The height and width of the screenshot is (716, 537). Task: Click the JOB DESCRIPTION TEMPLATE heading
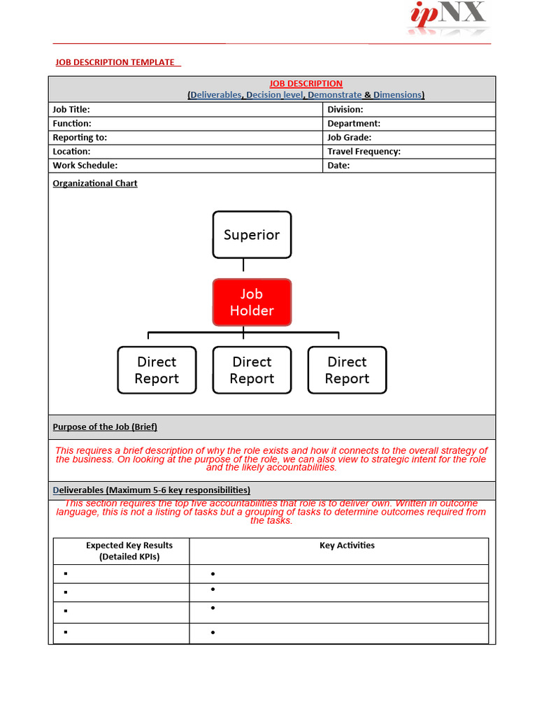click(x=115, y=62)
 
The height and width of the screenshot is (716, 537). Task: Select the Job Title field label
click(x=71, y=109)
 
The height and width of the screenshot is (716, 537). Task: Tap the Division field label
click(x=345, y=109)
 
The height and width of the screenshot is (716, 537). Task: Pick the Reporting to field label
click(x=80, y=138)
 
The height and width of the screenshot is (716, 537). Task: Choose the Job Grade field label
click(x=349, y=138)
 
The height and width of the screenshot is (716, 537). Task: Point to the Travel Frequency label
click(x=364, y=152)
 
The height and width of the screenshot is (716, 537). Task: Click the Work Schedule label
click(x=85, y=166)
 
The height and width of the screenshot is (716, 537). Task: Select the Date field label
click(x=338, y=166)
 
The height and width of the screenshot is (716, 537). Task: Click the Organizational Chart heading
click(x=95, y=183)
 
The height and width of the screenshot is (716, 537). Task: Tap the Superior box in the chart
click(x=252, y=235)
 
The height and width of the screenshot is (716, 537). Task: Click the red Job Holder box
click(x=252, y=302)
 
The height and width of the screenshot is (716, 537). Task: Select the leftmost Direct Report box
click(x=157, y=370)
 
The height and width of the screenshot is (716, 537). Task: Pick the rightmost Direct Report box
click(x=347, y=370)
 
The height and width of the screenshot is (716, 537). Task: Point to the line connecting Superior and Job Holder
click(x=243, y=266)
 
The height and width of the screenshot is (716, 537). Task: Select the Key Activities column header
click(x=347, y=545)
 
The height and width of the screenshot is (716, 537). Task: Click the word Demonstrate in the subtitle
click(x=335, y=95)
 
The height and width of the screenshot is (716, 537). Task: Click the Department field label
click(x=354, y=124)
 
